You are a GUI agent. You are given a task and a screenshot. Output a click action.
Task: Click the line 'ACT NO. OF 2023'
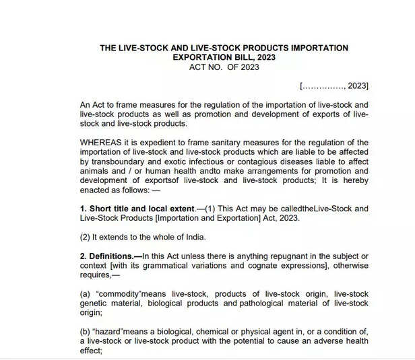pyautogui.click(x=224, y=67)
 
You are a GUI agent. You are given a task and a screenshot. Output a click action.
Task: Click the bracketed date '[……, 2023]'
pyautogui.click(x=334, y=86)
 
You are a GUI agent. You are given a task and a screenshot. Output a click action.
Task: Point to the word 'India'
pyautogui.click(x=192, y=237)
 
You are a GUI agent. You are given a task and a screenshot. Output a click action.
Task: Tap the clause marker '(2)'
pyautogui.click(x=86, y=237)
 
